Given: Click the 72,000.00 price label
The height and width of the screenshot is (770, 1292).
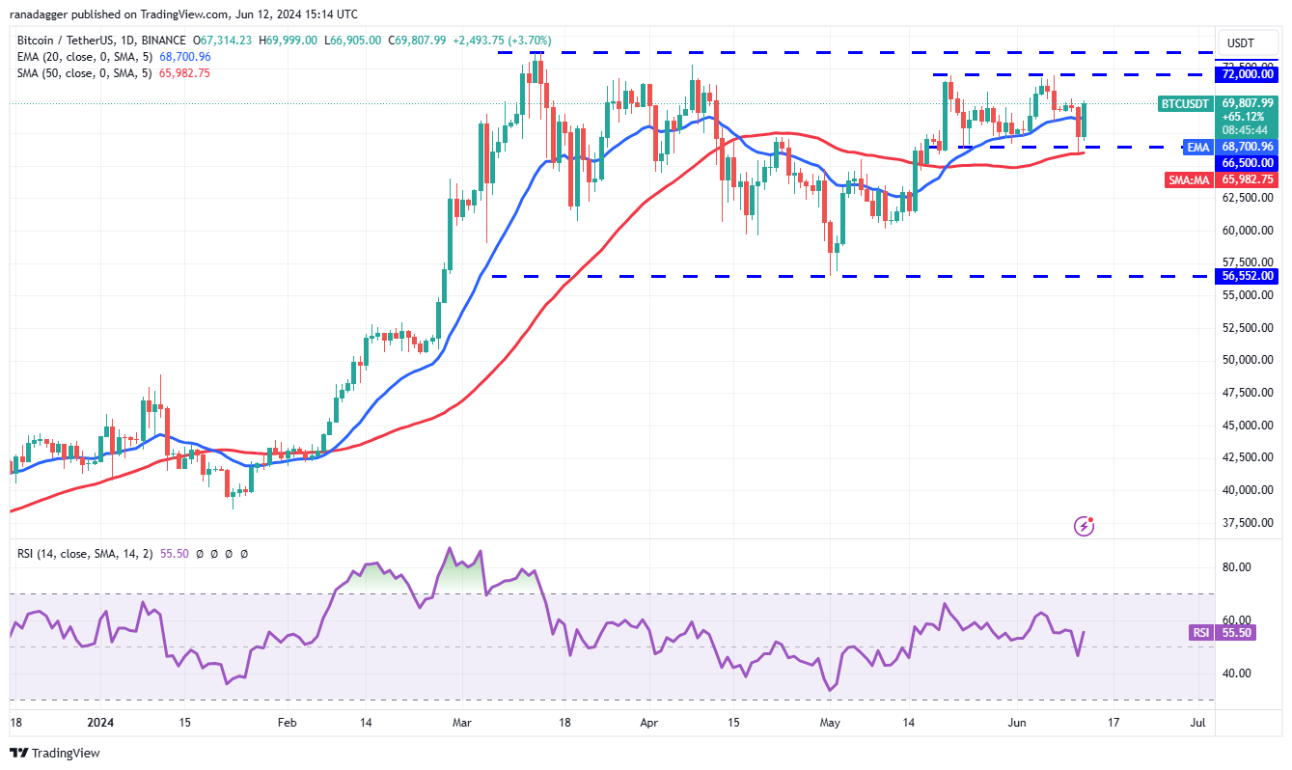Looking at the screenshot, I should coord(1248,74).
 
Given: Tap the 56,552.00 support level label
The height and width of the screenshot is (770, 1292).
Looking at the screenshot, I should coord(1248,276).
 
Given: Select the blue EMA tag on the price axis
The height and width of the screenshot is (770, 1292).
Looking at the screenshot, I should coord(1197,147).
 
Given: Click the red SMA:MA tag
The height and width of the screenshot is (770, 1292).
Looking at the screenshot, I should coord(1189,179).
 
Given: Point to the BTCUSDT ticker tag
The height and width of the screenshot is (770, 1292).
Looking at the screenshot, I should coord(1185,103).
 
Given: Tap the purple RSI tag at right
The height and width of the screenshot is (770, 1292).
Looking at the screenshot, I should coord(1200,633).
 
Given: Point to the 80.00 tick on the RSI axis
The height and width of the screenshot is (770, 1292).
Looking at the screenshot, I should coord(1238,567).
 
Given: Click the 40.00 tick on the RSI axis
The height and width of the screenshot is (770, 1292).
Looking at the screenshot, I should coord(1238,674).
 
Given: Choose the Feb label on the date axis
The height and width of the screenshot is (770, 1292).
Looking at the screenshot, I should coord(286,722).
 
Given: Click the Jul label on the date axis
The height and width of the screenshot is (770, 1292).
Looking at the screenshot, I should coord(1197,722).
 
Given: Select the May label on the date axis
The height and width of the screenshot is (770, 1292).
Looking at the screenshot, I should coord(829,722).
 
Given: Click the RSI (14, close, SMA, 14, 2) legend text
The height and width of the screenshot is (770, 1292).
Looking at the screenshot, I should coord(84,554).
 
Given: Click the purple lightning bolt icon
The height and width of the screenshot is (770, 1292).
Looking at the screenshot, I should coord(1085,526).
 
